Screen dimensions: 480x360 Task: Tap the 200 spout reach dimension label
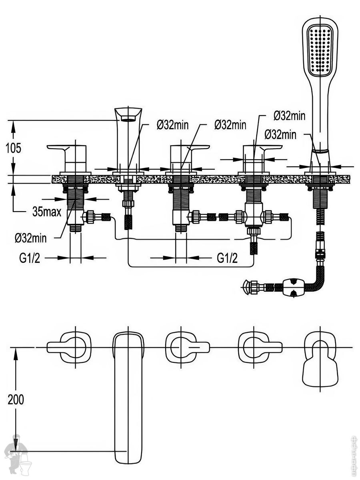16,399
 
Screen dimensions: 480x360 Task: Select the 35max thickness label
47,212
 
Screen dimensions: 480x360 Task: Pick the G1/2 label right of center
227,258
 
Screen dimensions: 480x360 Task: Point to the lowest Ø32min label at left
31,238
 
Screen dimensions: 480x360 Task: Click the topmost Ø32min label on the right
289,116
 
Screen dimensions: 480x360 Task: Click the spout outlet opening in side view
128,118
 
